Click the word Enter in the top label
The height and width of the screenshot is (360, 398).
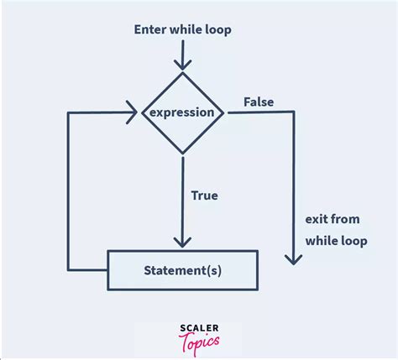(151, 30)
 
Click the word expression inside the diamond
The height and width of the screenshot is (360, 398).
(183, 112)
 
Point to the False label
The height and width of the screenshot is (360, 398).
(259, 102)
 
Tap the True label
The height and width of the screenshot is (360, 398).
(204, 196)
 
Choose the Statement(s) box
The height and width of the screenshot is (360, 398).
(183, 270)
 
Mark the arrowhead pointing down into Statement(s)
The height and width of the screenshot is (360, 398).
(183, 242)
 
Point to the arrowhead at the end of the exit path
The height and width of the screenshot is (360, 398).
(293, 259)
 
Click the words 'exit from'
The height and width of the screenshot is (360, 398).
(333, 220)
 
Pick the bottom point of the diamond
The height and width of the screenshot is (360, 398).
(183, 154)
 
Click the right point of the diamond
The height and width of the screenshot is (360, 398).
(225, 112)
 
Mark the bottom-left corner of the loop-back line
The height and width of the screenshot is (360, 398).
(67, 270)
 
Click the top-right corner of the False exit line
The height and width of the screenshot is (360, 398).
(293, 112)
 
